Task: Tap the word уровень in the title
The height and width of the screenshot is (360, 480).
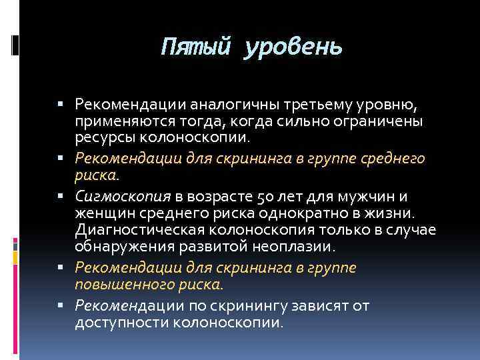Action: (293, 48)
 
